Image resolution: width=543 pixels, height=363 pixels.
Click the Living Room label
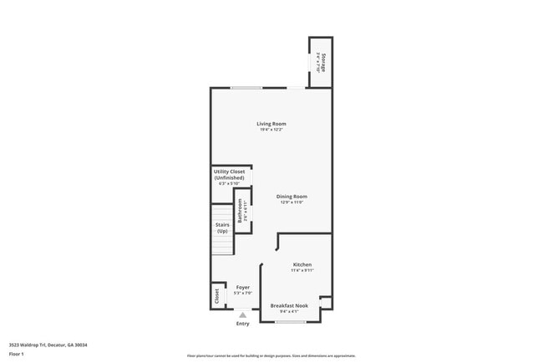point(271,124)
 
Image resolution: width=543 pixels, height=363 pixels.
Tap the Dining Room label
point(292,197)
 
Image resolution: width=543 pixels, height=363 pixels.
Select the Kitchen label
point(302,264)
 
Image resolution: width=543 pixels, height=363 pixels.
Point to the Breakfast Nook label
point(289,305)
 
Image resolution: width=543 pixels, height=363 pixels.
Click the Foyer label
point(243,287)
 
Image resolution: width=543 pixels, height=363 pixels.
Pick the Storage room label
point(322,61)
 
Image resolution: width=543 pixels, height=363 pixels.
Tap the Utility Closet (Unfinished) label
point(229,175)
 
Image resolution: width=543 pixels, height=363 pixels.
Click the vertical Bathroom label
point(241,210)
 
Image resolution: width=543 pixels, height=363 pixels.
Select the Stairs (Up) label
point(222,228)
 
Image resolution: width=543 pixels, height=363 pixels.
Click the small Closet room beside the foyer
point(217,295)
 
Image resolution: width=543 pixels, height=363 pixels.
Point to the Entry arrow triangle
point(243,314)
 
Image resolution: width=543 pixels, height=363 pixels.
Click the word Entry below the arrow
point(243,324)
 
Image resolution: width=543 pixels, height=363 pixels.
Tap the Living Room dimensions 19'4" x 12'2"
point(271,130)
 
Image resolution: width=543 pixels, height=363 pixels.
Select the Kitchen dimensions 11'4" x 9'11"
point(302,270)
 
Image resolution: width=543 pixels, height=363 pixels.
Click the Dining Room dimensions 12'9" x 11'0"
point(292,202)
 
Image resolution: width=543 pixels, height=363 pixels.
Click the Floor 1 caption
point(17,355)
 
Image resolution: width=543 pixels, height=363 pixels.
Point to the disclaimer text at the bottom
point(271,355)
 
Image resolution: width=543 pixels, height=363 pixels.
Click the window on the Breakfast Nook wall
point(291,322)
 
